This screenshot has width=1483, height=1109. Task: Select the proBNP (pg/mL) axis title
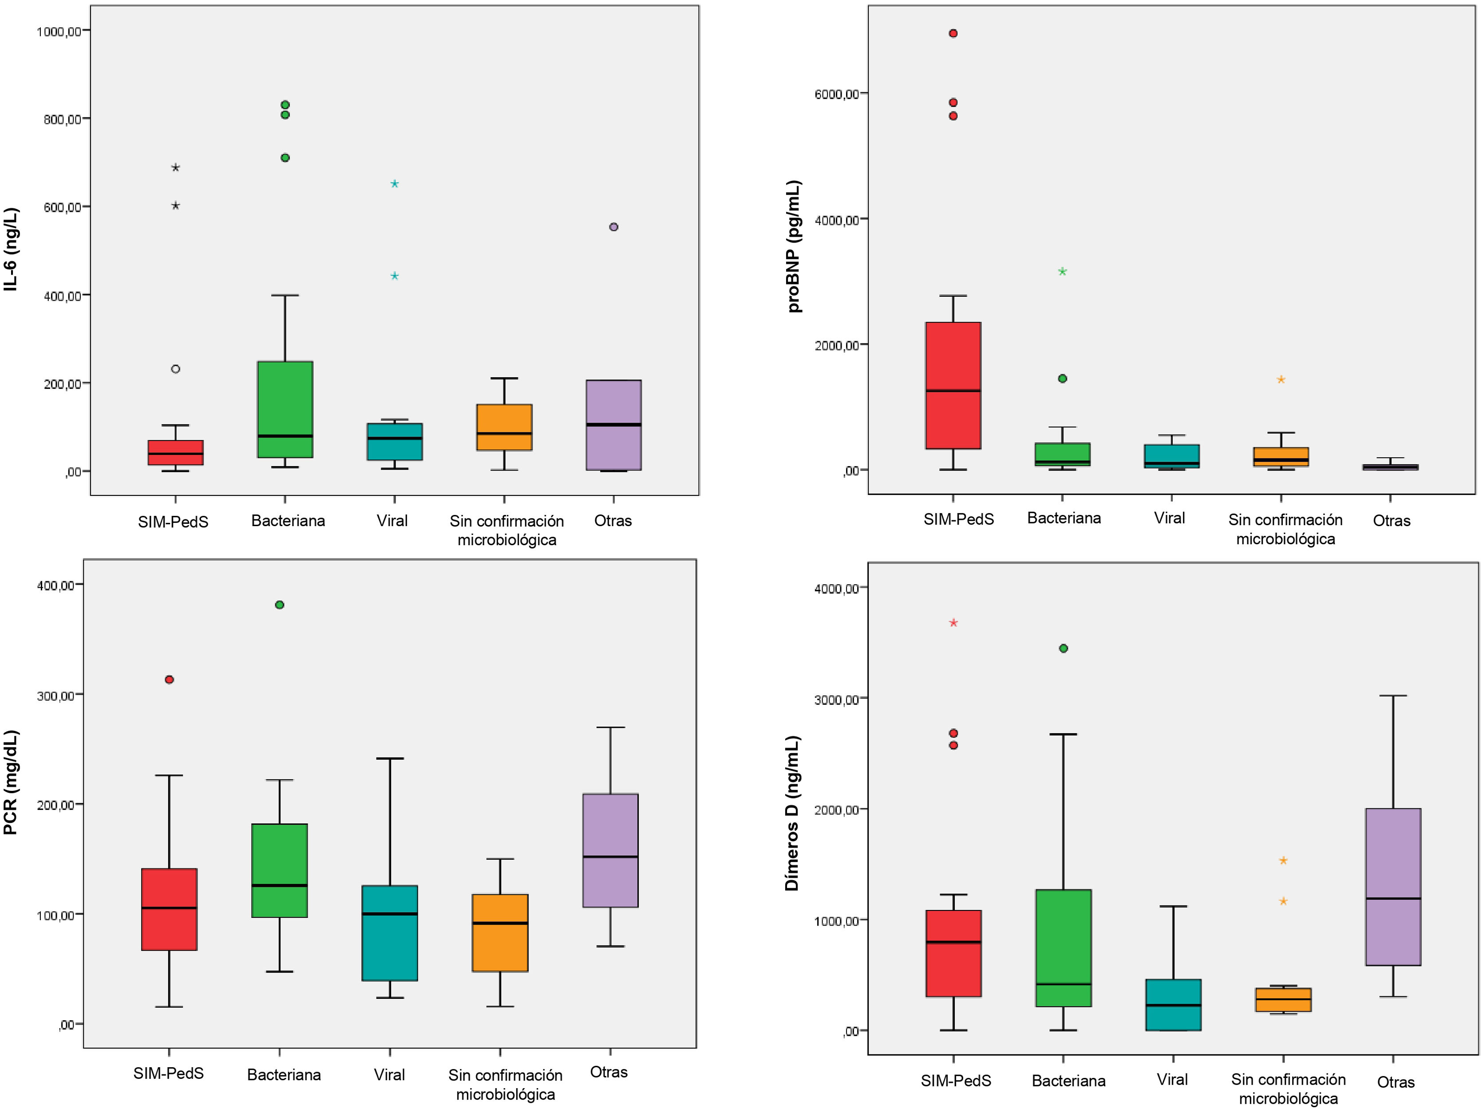[x=795, y=246]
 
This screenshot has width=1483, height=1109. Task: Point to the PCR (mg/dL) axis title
[x=11, y=782]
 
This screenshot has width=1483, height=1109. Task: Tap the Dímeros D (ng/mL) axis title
[x=792, y=813]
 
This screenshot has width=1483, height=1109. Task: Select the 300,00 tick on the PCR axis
[x=55, y=695]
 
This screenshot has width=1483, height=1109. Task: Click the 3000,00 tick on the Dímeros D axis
[x=836, y=699]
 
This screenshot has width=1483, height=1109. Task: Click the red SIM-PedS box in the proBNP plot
[x=953, y=385]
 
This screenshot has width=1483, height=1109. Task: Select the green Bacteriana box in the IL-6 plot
[x=285, y=409]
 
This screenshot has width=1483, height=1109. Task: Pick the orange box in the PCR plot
[x=500, y=933]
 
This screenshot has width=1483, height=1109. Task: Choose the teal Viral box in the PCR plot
[x=390, y=933]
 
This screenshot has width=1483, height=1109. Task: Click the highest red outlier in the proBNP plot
[x=953, y=33]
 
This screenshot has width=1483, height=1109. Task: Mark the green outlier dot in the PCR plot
[x=280, y=604]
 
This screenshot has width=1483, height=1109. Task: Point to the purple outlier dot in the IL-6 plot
[x=613, y=227]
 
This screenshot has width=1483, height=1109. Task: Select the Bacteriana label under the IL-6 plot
[x=288, y=521]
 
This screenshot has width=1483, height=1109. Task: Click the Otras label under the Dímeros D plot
[x=1395, y=1081]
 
